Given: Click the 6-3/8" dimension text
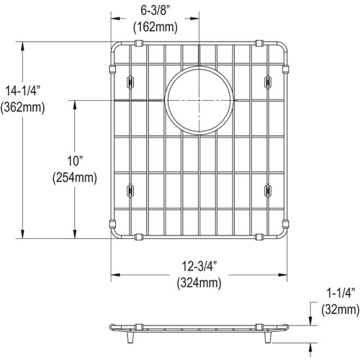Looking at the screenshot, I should [x=155, y=9].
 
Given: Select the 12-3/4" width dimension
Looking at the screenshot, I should [x=199, y=268].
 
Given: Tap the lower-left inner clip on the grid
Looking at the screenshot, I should [x=131, y=189].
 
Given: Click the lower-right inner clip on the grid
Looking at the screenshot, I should [x=267, y=189].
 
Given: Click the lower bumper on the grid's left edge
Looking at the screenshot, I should [x=111, y=223].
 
